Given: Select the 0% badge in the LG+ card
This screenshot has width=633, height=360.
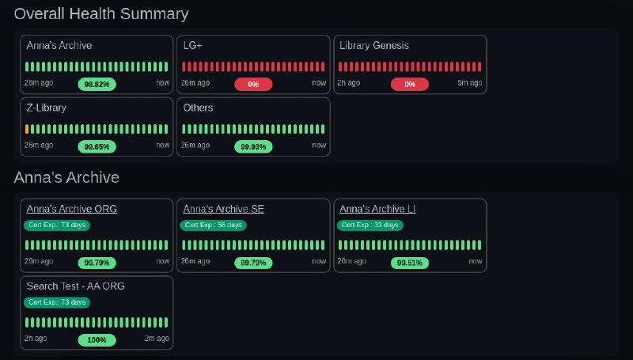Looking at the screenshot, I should [x=253, y=84].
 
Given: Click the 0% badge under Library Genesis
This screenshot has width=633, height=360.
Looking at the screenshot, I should [x=410, y=84].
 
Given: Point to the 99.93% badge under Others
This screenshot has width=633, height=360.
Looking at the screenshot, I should [x=253, y=146].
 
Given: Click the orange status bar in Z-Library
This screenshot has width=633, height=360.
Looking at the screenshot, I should [x=28, y=129].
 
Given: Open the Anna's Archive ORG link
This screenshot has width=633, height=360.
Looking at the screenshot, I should [x=72, y=210].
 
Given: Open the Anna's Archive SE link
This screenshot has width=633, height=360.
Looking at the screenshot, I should [x=223, y=210].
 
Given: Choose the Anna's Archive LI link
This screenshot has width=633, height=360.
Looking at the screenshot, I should [x=377, y=210].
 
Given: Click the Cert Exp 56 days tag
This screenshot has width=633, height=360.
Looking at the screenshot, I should [x=213, y=225].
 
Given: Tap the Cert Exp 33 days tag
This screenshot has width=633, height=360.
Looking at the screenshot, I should [x=370, y=225].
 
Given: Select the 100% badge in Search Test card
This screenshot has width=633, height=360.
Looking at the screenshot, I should [x=97, y=340].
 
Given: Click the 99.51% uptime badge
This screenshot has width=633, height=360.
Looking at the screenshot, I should [x=410, y=263].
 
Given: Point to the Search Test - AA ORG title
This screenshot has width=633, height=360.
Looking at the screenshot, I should [x=76, y=286].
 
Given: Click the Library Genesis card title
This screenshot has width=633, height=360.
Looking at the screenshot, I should [x=374, y=46].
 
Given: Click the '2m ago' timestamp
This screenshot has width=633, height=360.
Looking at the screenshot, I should [x=157, y=339].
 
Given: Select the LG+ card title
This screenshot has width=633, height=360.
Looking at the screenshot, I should [x=192, y=46].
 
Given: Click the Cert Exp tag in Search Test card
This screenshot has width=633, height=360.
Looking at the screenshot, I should [x=57, y=302].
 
